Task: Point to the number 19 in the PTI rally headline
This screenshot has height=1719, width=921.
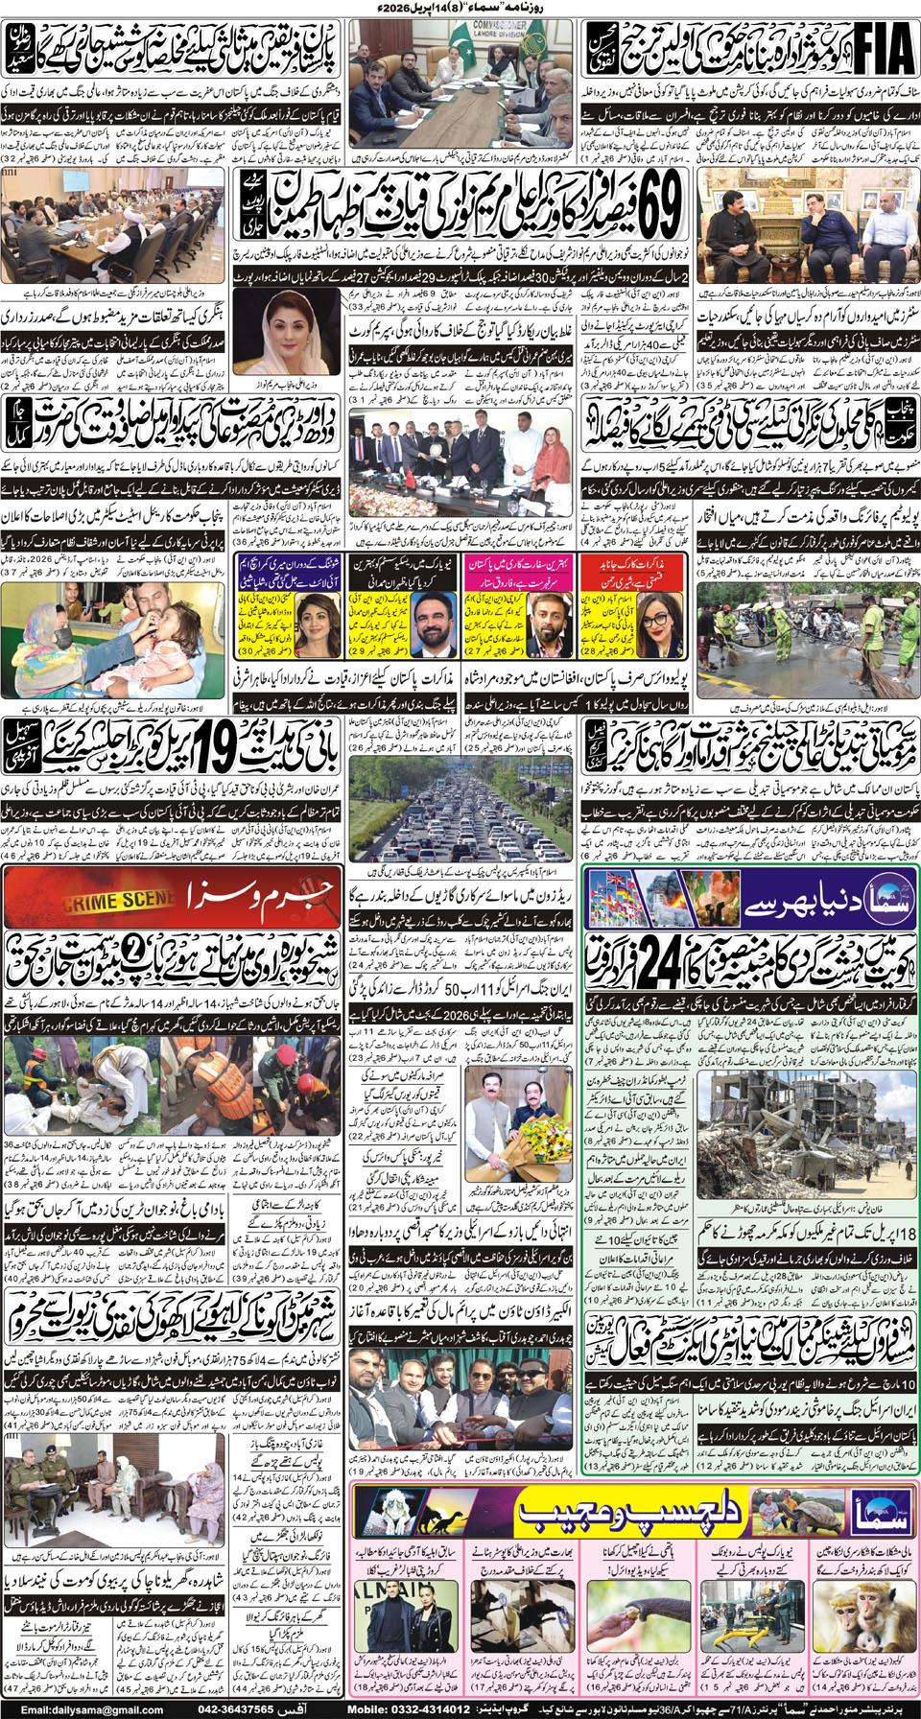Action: click(x=215, y=745)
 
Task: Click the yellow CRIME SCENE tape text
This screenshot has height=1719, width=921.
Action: click(x=119, y=902)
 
